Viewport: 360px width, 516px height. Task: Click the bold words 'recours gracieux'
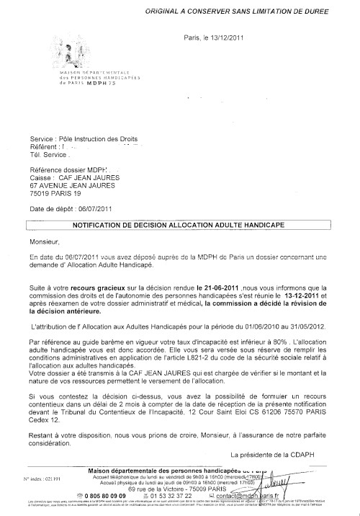112,286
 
